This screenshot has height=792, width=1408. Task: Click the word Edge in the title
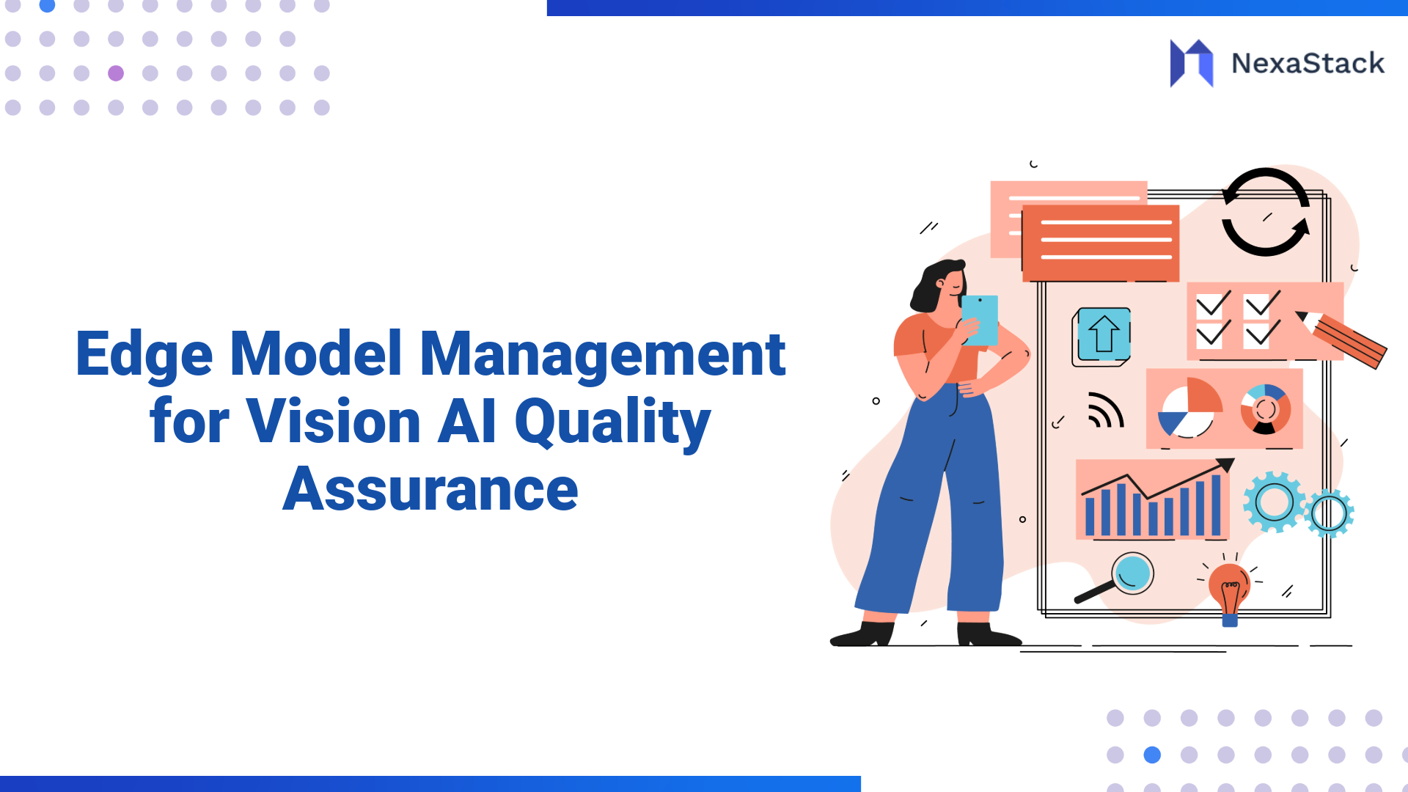pyautogui.click(x=144, y=355)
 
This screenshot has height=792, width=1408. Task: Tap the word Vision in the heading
pyautogui.click(x=333, y=422)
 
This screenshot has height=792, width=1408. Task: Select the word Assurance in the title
pyautogui.click(x=430, y=489)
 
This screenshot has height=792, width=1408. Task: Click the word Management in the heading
pyautogui.click(x=602, y=355)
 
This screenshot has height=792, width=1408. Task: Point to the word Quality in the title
pyautogui.click(x=612, y=423)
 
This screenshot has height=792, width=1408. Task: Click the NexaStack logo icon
pyautogui.click(x=1191, y=63)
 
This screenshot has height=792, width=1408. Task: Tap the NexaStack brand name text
pyautogui.click(x=1308, y=64)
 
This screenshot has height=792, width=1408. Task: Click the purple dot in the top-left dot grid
pyautogui.click(x=116, y=73)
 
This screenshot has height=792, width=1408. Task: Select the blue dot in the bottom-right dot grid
pyautogui.click(x=1152, y=755)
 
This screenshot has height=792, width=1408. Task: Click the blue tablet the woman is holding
pyautogui.click(x=980, y=319)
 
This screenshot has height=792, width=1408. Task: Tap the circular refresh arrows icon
pyautogui.click(x=1266, y=213)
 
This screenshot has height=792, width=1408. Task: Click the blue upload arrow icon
pyautogui.click(x=1103, y=334)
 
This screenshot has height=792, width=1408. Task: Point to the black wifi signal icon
pyautogui.click(x=1104, y=411)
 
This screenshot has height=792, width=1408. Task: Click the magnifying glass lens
pyautogui.click(x=1132, y=573)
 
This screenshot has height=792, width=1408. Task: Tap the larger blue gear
pyautogui.click(x=1274, y=502)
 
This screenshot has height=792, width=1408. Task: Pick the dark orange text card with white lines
pyautogui.click(x=1101, y=243)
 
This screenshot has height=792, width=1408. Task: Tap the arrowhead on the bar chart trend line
pyautogui.click(x=1225, y=465)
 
